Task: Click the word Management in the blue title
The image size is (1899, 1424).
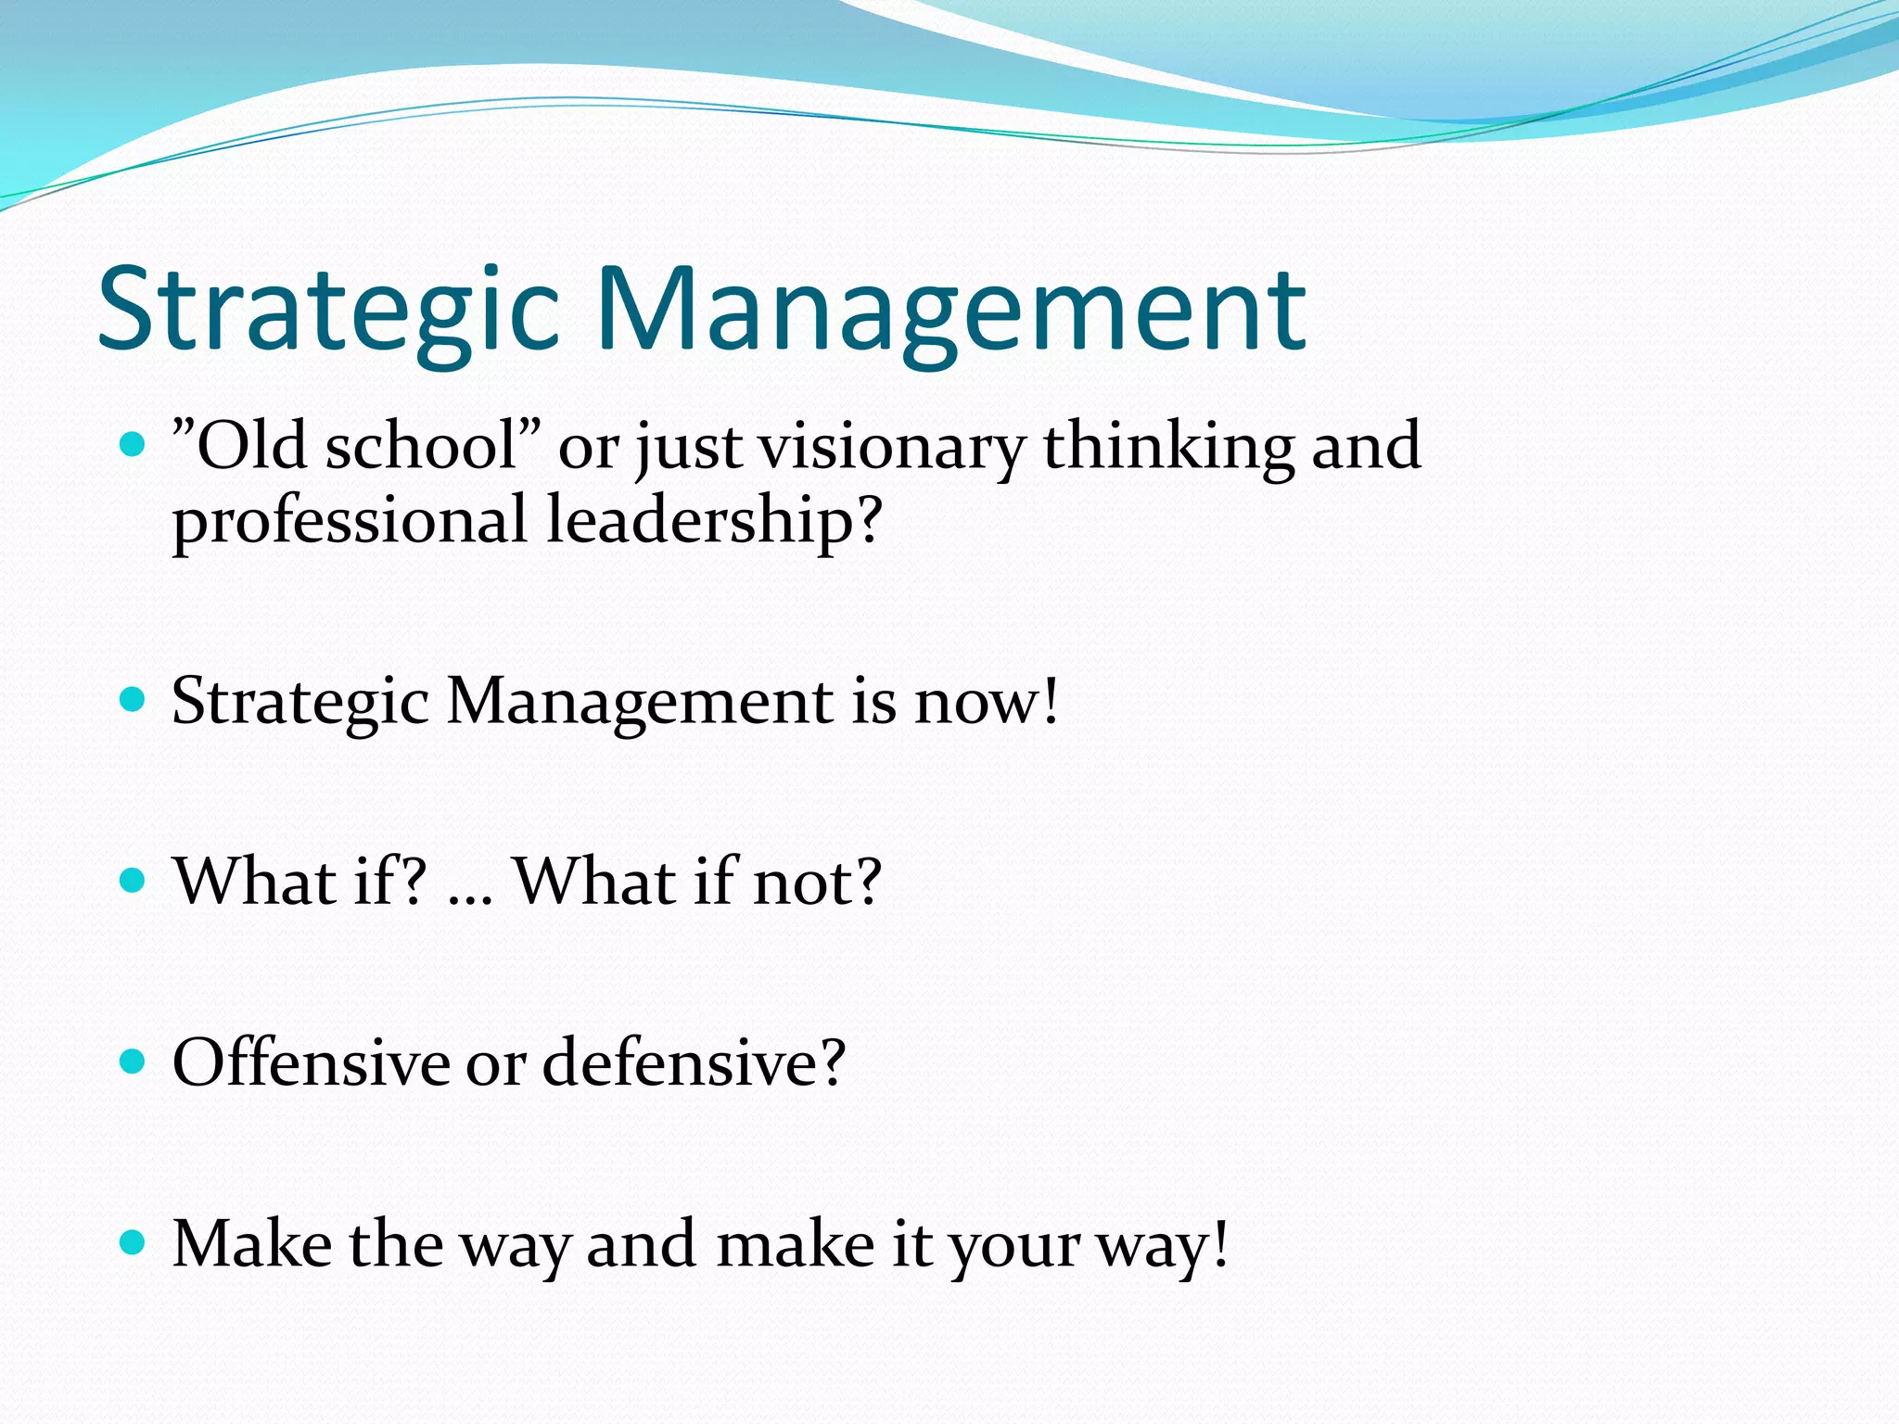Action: (x=950, y=311)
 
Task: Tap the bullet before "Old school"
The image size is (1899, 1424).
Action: (x=134, y=445)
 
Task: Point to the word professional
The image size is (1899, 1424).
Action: (x=350, y=521)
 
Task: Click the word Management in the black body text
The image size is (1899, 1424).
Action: (x=640, y=703)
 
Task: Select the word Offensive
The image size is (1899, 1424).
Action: (x=311, y=1062)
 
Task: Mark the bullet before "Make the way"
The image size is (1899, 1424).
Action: (x=134, y=1241)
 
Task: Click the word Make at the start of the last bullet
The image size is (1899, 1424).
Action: (x=252, y=1243)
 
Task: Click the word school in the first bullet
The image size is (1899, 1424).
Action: (x=422, y=447)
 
